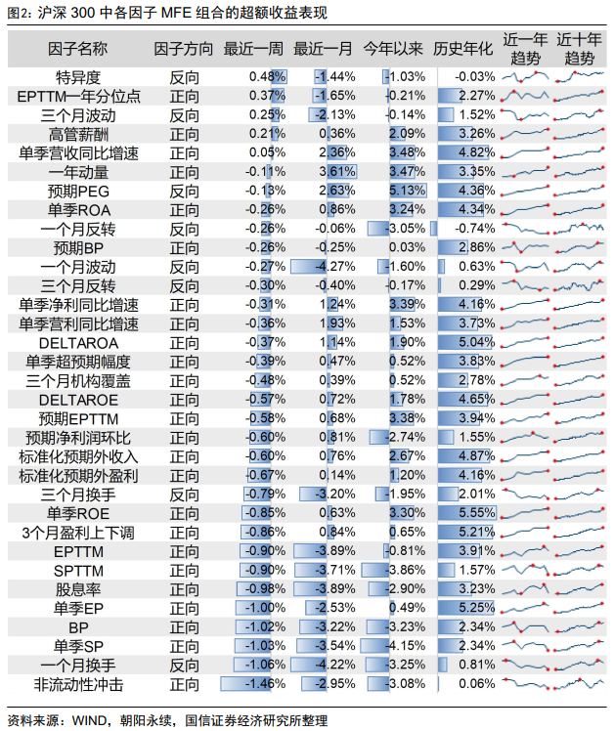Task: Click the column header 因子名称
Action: coord(77,49)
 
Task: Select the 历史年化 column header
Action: coord(462,49)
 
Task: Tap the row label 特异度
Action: coord(78,77)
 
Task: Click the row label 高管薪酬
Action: coord(78,134)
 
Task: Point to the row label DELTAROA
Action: coord(78,343)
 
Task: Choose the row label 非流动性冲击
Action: coord(78,684)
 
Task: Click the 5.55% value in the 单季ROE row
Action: coord(476,513)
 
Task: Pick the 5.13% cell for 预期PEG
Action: coord(408,191)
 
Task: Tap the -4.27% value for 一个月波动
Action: coord(335,266)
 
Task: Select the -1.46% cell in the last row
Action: coord(265,683)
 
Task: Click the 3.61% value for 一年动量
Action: coord(337,172)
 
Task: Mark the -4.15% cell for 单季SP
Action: coord(405,646)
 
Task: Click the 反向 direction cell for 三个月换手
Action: coord(184,494)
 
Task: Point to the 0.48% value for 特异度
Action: coord(267,76)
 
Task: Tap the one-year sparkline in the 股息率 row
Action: coord(525,589)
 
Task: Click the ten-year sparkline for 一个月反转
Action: coord(579,229)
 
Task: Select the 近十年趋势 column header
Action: coord(579,49)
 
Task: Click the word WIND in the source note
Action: coord(89,720)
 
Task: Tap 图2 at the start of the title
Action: coord(17,13)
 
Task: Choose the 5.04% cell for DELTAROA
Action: coord(476,342)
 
